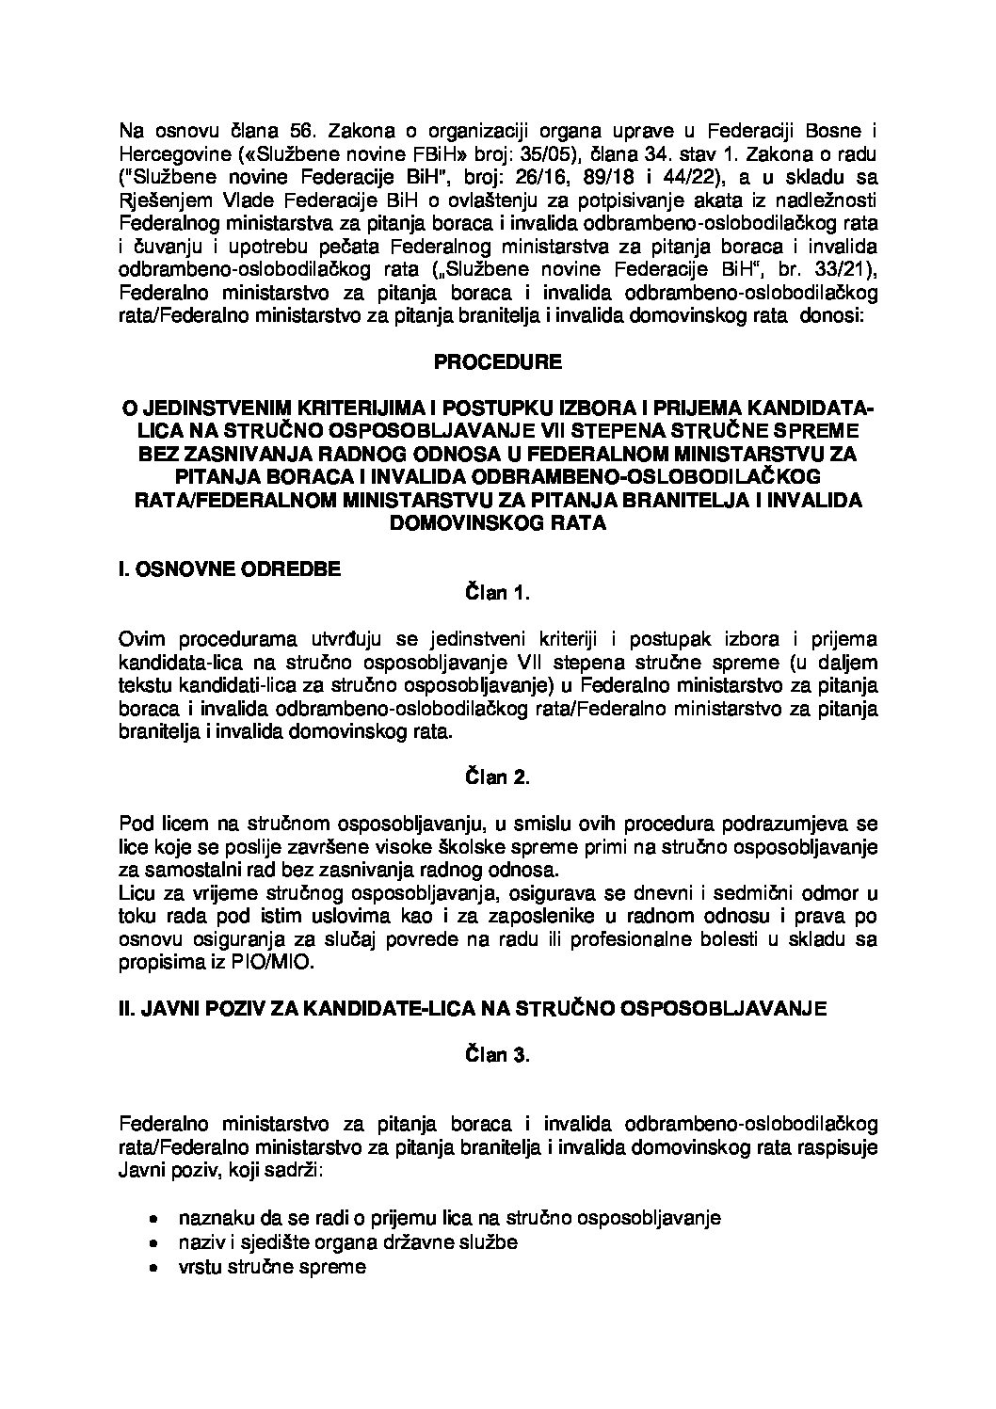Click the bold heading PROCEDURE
[x=498, y=361]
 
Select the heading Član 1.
[x=498, y=593]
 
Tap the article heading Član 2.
[x=498, y=777]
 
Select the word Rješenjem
[x=169, y=201]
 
